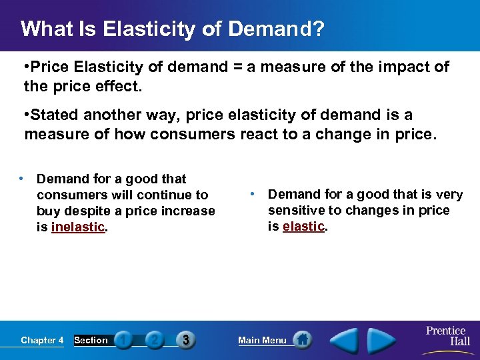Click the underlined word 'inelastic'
(77, 227)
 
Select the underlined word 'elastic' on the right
(303, 226)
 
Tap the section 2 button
(155, 340)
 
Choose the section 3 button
(185, 340)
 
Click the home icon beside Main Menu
(303, 339)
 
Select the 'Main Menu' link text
(262, 340)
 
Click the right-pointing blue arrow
(382, 340)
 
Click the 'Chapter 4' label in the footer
(42, 340)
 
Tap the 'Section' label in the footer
(91, 340)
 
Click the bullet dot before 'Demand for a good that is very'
(253, 194)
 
